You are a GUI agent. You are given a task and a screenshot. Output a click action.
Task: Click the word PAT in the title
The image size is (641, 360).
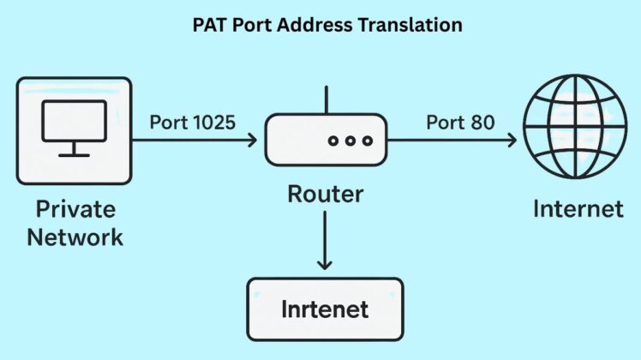pos(209,25)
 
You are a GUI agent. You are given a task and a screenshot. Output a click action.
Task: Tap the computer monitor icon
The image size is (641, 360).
pos(75,128)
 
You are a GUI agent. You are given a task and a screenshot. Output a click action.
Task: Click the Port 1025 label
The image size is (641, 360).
pos(191,122)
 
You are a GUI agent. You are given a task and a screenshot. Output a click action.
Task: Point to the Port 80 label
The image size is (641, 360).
pos(460,122)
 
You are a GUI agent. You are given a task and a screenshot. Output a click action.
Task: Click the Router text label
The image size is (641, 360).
pos(325,194)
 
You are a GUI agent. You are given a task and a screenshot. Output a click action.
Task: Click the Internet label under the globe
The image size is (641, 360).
pos(578,207)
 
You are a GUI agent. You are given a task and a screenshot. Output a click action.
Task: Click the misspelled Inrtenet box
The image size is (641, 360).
pos(325,307)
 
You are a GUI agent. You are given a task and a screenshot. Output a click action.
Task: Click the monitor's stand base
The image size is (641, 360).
pos(75,155)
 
